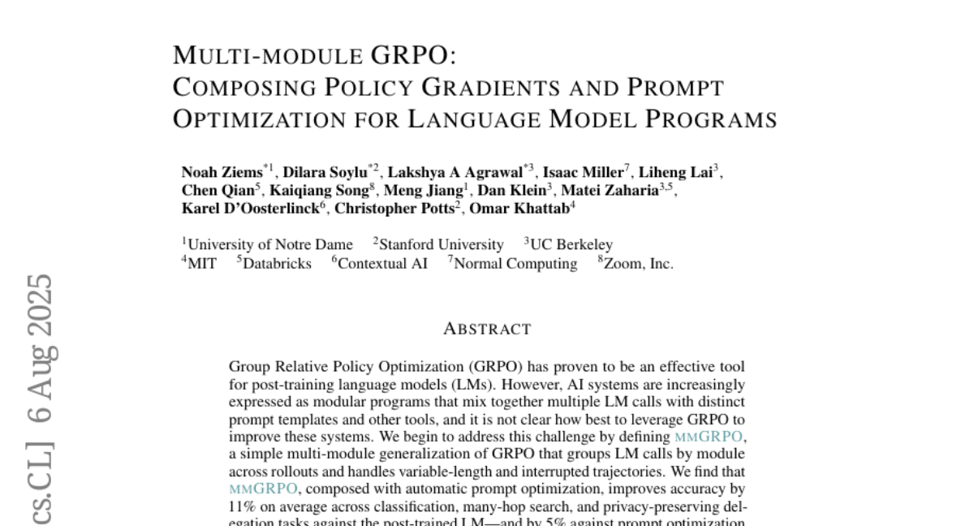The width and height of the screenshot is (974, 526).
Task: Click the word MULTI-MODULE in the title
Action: pos(268,56)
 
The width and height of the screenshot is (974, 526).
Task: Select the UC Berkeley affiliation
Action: pos(571,244)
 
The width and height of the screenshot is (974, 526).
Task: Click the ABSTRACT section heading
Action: pos(487,330)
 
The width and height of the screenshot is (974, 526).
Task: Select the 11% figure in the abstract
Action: pos(242,507)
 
